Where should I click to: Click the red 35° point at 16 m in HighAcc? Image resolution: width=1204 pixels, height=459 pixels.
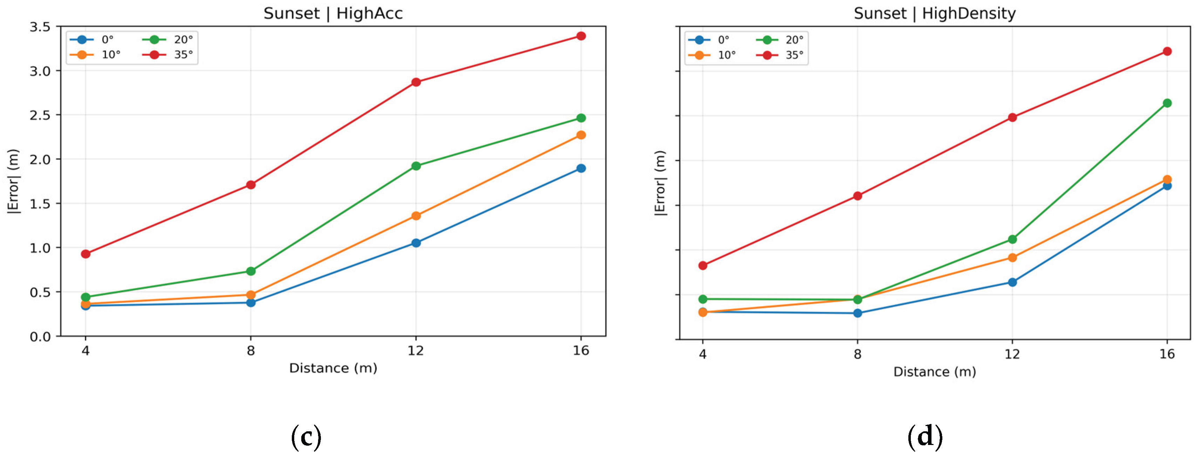(x=581, y=36)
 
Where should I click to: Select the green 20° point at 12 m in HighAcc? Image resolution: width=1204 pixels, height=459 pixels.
(x=416, y=166)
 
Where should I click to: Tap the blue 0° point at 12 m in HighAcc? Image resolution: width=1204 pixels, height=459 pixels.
(x=416, y=243)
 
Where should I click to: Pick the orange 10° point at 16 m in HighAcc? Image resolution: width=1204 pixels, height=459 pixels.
(x=581, y=135)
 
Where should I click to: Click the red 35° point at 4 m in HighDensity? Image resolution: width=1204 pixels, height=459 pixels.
(x=702, y=265)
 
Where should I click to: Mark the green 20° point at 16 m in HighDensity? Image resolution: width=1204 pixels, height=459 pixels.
(x=1167, y=103)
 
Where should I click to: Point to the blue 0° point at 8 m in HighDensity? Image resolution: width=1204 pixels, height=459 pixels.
(x=857, y=313)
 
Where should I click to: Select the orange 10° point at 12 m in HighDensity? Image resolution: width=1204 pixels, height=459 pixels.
(x=1013, y=257)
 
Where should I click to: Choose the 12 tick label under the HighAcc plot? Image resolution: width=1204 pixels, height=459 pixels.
(x=416, y=351)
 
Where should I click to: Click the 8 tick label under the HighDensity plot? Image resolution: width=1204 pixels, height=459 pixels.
(x=857, y=354)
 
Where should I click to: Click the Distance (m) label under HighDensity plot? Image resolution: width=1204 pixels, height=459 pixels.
(x=935, y=372)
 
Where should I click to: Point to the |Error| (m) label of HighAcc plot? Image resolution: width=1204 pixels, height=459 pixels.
(x=13, y=181)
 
